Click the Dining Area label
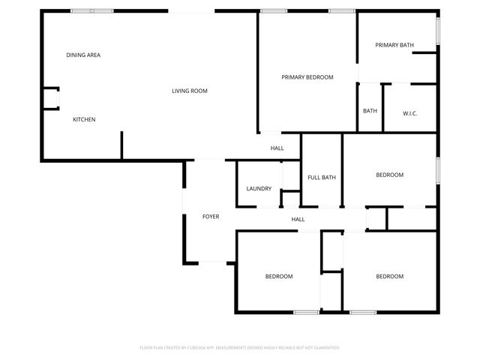tap(83, 55)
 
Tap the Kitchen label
tap(84, 119)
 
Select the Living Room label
tap(189, 91)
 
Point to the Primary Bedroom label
tap(307, 76)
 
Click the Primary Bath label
tap(394, 45)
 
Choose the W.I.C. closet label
tap(409, 113)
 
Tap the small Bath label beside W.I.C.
tap(370, 111)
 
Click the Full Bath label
tap(322, 177)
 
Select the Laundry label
tap(259, 188)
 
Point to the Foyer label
tap(211, 217)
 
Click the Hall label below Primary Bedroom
tap(277, 148)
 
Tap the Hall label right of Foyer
tap(298, 219)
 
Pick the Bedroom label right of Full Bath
tap(389, 175)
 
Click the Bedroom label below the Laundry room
tap(278, 276)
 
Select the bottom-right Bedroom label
tap(389, 276)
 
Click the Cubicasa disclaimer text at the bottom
tap(240, 347)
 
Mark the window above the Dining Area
tap(91, 10)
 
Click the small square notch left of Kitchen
tap(51, 98)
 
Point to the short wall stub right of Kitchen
tap(121, 145)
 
